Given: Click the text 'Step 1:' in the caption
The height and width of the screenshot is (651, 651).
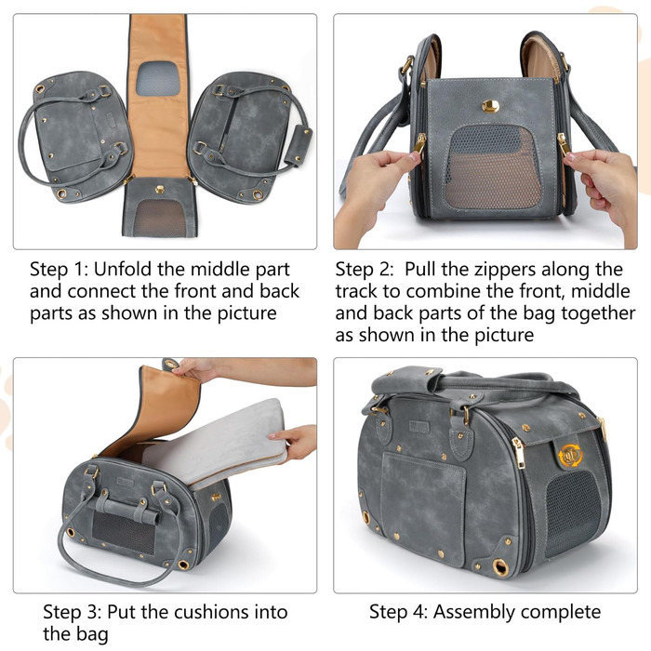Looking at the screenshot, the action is [59, 270].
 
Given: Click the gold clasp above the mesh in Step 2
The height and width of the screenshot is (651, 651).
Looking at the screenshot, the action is [490, 106].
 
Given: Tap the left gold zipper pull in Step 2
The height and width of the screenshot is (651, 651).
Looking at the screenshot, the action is [419, 144].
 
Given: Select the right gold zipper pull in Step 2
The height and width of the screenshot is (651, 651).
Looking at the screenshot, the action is [563, 144].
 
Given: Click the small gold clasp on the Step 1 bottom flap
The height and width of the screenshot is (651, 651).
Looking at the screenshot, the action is [159, 189].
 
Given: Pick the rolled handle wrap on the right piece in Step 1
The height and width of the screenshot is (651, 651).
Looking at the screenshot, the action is [299, 143].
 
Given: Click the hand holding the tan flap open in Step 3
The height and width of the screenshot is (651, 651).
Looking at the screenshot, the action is [195, 368].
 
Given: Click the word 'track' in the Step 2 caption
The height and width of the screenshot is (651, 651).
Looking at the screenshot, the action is [356, 291].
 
